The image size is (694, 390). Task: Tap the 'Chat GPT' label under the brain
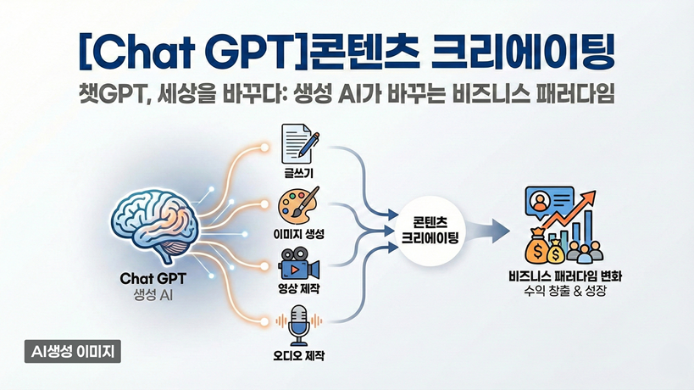[155, 278]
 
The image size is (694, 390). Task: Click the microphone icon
[300, 324]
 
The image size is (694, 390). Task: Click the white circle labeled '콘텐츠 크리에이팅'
[430, 228]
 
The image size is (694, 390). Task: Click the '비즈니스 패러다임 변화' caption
[569, 276]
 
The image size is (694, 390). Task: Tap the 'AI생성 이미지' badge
[74, 349]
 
